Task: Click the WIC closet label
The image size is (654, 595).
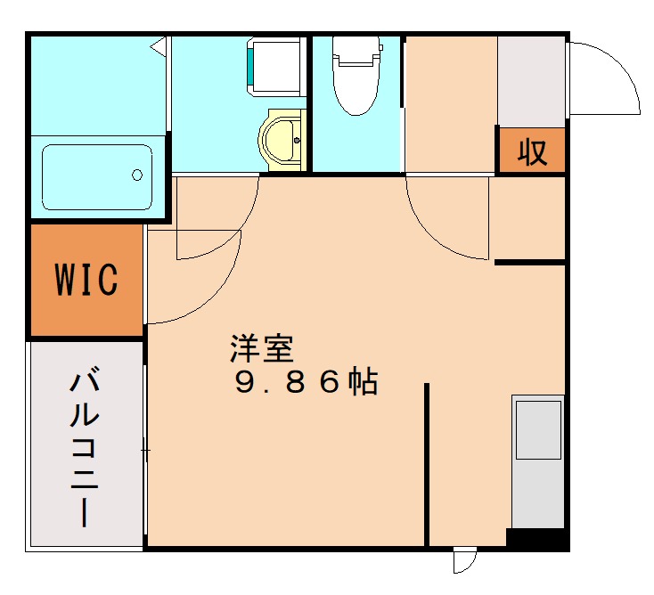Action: tap(86, 280)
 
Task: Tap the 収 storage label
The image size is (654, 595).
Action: tap(532, 152)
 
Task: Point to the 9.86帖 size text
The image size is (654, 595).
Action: tap(307, 382)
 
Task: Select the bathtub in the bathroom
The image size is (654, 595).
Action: tap(97, 176)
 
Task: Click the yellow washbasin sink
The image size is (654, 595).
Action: tap(283, 138)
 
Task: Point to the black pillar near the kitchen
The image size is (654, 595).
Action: tap(536, 539)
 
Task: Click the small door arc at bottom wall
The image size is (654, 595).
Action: tap(464, 561)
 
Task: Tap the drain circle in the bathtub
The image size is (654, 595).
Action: tap(138, 175)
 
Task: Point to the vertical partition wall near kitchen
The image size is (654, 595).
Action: tap(427, 463)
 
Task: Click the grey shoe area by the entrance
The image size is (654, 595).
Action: tap(531, 80)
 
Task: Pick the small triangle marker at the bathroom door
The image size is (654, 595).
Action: tap(159, 45)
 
